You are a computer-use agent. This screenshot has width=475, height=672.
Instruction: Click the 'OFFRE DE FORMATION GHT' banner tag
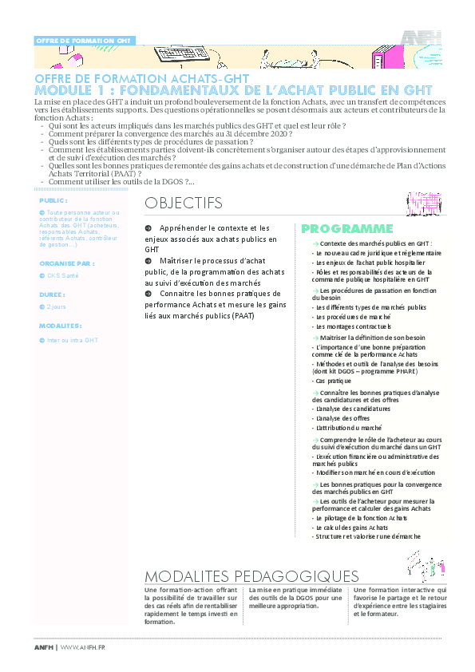pos(84,40)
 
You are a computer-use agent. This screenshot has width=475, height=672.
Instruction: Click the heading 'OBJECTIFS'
pos(184,204)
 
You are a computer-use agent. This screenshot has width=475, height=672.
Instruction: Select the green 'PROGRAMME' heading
pos(347,229)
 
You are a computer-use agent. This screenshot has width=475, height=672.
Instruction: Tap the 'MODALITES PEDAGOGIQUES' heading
pos(251,576)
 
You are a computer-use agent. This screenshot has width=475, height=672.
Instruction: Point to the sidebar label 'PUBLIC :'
pos(53,200)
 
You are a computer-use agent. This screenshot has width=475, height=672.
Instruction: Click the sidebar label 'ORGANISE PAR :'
pos(66,262)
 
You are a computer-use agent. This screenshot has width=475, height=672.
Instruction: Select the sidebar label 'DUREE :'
pos(53,294)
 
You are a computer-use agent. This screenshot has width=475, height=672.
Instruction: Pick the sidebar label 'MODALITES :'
pos(61,326)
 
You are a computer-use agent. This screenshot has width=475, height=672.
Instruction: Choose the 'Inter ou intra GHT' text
pos(72,340)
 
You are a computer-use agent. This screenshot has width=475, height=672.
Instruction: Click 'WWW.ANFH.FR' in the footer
pos(83,647)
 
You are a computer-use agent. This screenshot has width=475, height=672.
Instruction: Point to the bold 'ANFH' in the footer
pos(45,647)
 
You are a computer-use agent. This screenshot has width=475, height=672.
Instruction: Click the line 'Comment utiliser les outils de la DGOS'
pos(120,182)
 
